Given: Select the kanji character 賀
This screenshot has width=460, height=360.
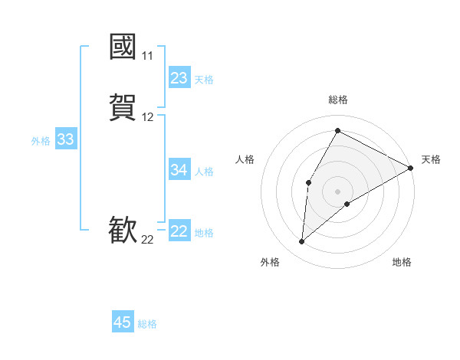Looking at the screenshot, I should click(123, 106).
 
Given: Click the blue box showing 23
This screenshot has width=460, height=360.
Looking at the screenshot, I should click(179, 78).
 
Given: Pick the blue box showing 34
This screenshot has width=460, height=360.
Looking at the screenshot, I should click(179, 170).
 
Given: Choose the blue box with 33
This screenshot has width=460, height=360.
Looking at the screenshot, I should click(66, 139).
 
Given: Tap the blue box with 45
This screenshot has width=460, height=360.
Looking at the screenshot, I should click(123, 322).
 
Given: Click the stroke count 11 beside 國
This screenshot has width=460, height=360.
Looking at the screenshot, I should click(147, 56).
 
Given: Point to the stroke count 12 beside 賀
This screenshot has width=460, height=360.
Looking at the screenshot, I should click(147, 117).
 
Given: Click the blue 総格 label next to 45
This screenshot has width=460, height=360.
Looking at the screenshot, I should click(147, 324).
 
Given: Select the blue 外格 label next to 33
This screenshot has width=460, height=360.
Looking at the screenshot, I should click(41, 141).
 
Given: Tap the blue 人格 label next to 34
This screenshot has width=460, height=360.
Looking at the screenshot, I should click(204, 172).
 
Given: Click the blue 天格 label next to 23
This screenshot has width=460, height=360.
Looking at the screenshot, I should click(204, 80).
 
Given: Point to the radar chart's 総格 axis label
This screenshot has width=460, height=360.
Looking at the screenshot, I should click(337, 100).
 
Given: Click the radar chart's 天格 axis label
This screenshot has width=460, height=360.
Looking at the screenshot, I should click(431, 159).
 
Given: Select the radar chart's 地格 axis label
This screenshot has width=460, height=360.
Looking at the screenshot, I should click(402, 263).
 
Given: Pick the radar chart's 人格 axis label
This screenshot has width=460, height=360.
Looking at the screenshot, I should click(245, 159).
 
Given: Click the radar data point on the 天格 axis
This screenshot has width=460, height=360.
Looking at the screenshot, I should click(411, 169).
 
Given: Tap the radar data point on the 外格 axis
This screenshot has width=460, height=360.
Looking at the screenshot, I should click(302, 242).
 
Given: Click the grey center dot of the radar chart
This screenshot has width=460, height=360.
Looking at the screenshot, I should click(337, 191).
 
